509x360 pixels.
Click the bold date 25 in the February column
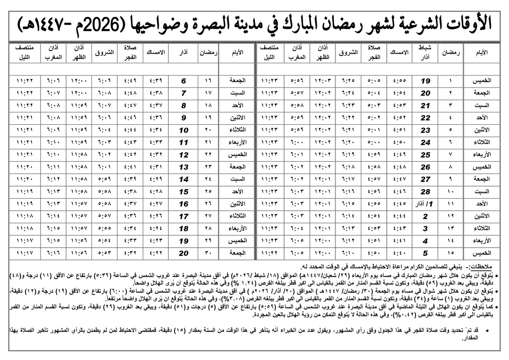pyautogui.click(x=426, y=155)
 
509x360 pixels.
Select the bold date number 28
pyautogui.click(x=426, y=192)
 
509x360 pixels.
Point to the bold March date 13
pyautogui.click(x=184, y=167)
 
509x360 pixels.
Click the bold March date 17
pyautogui.click(x=184, y=216)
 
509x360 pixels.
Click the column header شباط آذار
pyautogui.click(x=426, y=53)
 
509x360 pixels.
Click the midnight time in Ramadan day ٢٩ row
pyautogui.click(x=26, y=241)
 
